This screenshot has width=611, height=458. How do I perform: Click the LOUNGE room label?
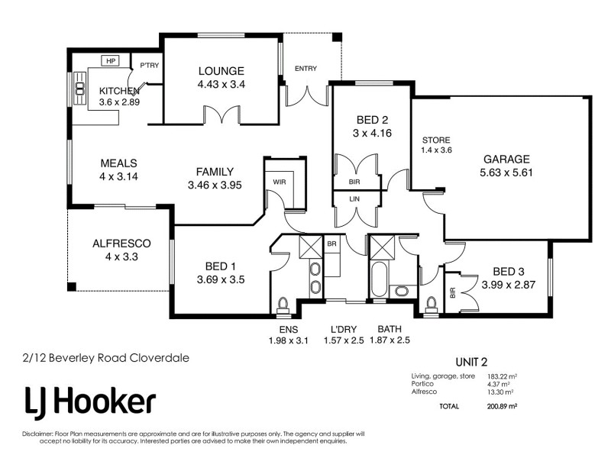pos(221,71)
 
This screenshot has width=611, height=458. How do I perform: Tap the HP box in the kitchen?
pos(111,61)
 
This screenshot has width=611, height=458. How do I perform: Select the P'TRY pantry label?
pos(149,66)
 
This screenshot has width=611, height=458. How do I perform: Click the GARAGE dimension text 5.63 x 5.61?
pos(506,173)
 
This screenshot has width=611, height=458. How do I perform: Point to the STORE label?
pos(436,140)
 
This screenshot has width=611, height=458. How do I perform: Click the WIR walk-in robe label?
pos(279,182)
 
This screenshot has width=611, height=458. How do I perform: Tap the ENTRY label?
pos(305,69)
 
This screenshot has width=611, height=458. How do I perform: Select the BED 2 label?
pos(373,120)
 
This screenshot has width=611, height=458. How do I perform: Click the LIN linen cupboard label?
pos(354,198)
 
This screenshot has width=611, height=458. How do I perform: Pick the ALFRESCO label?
pos(121,244)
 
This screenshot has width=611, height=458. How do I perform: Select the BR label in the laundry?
pos(331,243)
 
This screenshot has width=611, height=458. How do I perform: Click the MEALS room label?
pos(118,163)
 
